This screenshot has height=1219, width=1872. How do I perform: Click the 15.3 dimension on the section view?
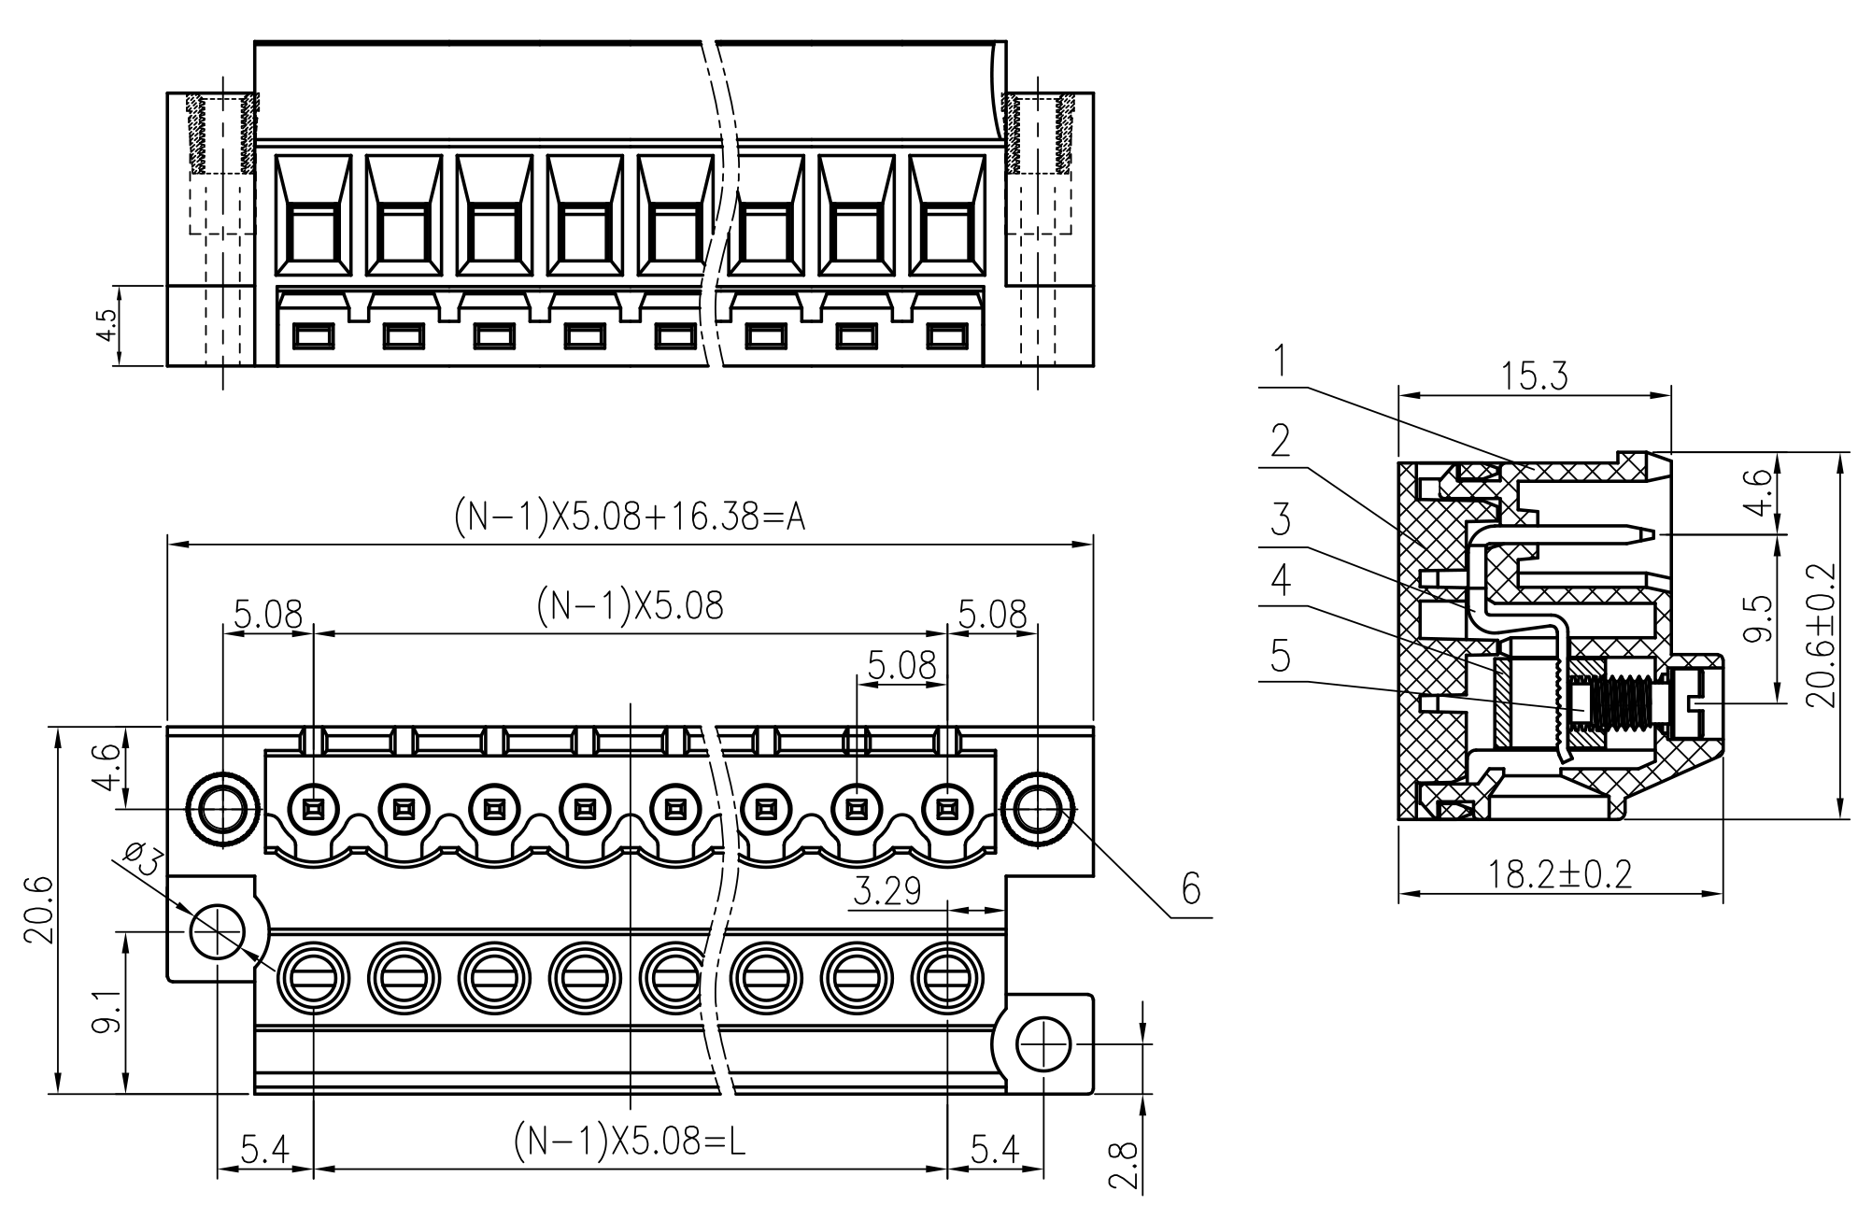click(x=1534, y=376)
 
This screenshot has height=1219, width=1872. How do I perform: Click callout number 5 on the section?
click(x=1282, y=657)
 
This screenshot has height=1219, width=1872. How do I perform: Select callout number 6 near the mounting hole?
click(x=1191, y=889)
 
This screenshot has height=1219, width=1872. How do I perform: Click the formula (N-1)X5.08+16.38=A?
click(x=630, y=517)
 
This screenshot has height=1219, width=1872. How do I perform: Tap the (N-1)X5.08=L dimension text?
click(x=630, y=1141)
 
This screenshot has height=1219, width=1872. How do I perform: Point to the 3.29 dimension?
click(x=887, y=892)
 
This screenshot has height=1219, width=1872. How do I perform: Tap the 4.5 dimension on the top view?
click(x=107, y=325)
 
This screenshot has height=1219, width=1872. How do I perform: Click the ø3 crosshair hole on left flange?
click(x=217, y=931)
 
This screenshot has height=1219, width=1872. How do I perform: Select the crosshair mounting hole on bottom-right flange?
click(x=1042, y=1044)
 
